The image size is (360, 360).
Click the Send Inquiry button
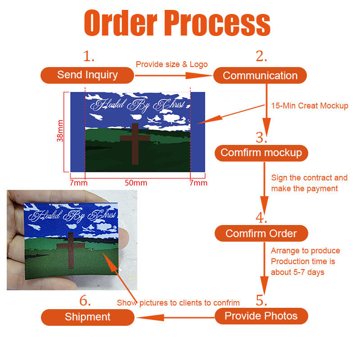87,75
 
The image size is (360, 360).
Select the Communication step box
260,75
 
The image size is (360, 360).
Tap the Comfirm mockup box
261,153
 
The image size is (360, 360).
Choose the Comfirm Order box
261,233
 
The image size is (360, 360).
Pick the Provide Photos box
261,316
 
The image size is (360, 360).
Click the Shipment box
87,317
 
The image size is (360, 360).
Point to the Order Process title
177,23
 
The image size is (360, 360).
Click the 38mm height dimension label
60,130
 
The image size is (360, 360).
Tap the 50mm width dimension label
136,183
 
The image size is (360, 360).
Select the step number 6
85,300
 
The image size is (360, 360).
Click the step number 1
89,56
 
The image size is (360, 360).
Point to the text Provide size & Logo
172,64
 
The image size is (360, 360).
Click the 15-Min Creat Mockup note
310,106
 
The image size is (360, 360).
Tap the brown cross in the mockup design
135,144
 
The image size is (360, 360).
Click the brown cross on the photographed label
71,250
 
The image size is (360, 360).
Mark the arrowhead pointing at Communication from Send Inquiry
199,76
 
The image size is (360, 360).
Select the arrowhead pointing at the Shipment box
151,318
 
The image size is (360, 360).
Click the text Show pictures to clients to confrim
178,303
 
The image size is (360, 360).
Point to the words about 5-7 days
297,272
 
